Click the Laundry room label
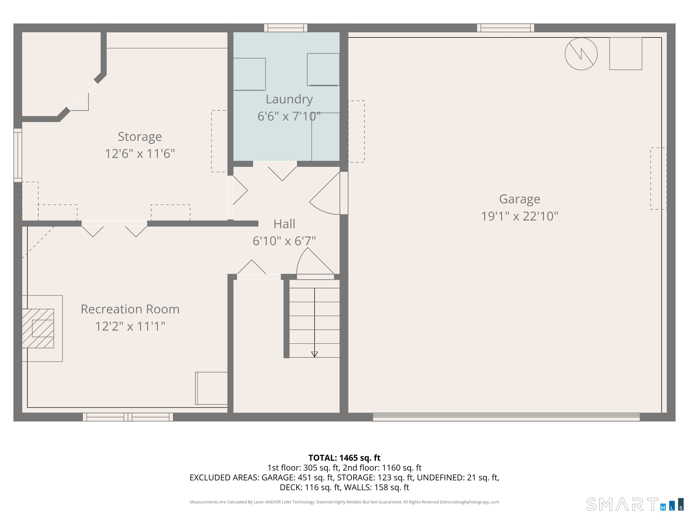[289, 99]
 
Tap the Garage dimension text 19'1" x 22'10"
[519, 216]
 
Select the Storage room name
[140, 137]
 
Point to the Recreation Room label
[130, 309]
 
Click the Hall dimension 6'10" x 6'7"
[284, 241]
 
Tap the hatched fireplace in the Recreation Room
[38, 328]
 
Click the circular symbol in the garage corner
[581, 54]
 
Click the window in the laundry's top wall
[286, 28]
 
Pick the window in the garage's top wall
[506, 28]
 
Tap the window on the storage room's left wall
[18, 155]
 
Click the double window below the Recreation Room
[128, 417]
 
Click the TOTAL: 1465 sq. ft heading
[344, 458]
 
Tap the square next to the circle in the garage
[626, 54]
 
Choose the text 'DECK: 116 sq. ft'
[310, 487]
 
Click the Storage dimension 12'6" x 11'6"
[140, 154]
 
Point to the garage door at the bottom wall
[506, 417]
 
